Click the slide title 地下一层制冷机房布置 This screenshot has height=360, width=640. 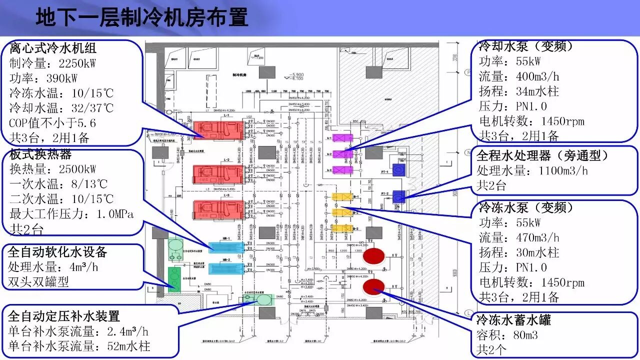click(x=142, y=17)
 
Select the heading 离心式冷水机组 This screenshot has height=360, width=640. click(x=53, y=48)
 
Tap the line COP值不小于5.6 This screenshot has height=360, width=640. click(x=52, y=123)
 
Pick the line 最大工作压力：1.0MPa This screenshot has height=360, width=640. click(x=71, y=214)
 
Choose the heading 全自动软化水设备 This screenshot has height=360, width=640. click(x=57, y=252)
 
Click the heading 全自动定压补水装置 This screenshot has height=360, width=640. click(x=64, y=316)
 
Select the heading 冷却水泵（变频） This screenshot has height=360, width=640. click(x=525, y=46)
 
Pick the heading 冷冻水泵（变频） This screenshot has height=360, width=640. click(x=526, y=207)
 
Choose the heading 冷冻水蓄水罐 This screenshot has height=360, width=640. click(x=513, y=319)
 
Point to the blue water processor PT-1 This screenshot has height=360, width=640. click(x=398, y=170)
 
